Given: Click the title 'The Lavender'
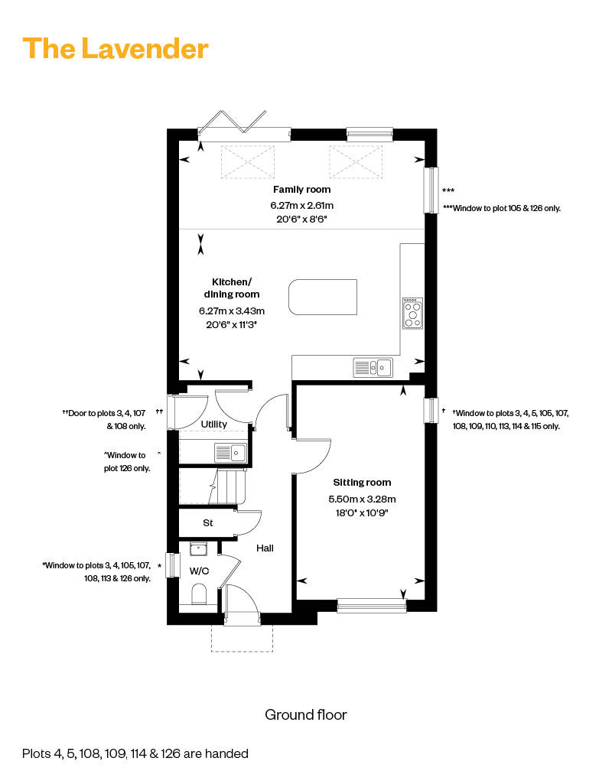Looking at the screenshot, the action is (115, 49).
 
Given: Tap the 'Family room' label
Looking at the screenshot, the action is (301, 190).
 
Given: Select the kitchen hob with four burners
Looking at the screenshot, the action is (413, 314).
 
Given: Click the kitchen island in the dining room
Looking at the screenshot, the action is (323, 297).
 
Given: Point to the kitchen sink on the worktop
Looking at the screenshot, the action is (373, 367).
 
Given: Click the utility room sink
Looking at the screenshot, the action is (231, 453).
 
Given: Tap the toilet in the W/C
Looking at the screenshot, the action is (199, 595).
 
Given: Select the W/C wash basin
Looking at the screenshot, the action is (198, 549).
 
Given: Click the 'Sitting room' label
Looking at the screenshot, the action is (362, 483).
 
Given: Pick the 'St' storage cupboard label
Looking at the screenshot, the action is (208, 523).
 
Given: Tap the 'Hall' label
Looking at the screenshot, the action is (265, 548).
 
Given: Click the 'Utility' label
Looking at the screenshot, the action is (214, 424).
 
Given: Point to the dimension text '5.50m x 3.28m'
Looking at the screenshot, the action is (362, 499).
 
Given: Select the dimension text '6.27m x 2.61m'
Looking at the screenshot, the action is (302, 206).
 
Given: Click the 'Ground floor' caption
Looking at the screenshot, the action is (306, 715).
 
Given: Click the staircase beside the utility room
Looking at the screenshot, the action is (213, 486).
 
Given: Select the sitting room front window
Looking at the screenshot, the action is (372, 607).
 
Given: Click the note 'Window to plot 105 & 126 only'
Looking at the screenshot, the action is (502, 208).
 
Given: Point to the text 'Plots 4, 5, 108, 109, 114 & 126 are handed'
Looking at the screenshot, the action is (135, 753).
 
